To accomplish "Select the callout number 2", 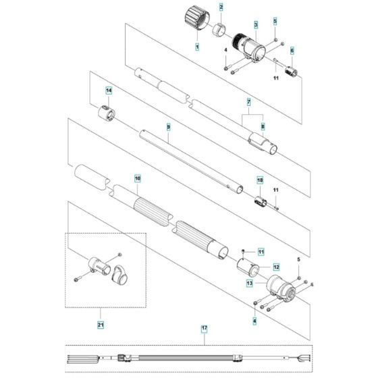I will (220, 7).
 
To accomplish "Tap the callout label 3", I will (256, 24).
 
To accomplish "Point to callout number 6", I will (292, 51).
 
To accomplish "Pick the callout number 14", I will (109, 90).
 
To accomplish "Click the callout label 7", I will (248, 101).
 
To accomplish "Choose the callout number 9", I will (168, 126).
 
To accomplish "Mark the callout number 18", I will (258, 180).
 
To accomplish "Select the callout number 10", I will (137, 179).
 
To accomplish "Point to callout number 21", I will (100, 325).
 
